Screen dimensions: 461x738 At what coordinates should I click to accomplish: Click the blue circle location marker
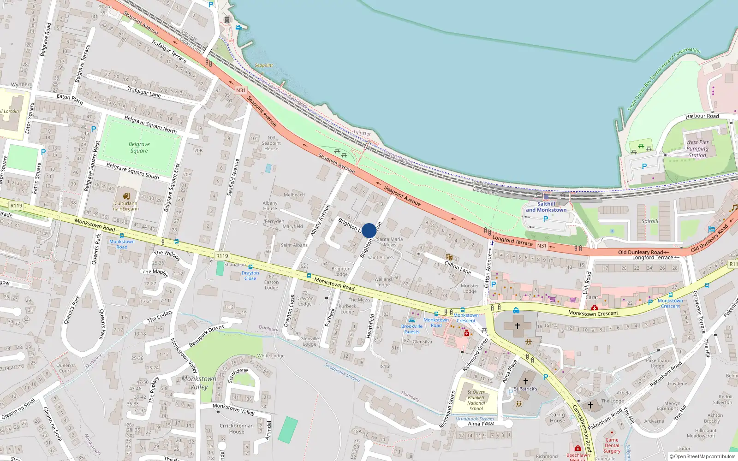(369, 230)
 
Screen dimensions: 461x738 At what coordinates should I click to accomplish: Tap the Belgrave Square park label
(139, 148)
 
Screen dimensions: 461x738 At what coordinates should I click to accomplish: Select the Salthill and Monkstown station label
(546, 207)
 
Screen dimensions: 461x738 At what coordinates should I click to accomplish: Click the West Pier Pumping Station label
(697, 149)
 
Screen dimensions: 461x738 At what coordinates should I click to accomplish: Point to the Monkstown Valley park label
(199, 383)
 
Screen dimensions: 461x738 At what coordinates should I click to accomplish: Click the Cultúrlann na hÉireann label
(126, 206)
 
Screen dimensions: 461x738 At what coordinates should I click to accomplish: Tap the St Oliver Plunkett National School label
(476, 400)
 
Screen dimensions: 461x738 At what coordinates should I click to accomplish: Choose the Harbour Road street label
(702, 116)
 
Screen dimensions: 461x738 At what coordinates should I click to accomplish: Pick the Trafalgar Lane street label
(144, 91)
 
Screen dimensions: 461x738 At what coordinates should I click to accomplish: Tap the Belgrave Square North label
(150, 124)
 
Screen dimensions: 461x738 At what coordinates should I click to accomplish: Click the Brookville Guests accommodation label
(412, 329)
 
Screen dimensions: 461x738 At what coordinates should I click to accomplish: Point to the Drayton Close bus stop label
(250, 276)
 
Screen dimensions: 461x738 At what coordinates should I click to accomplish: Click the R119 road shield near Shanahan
(222, 256)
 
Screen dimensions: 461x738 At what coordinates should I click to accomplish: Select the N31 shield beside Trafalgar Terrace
(241, 90)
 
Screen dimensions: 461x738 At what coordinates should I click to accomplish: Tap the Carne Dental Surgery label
(612, 445)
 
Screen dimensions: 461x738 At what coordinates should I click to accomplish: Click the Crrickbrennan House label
(237, 429)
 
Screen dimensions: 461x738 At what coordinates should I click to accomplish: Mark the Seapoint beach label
(264, 65)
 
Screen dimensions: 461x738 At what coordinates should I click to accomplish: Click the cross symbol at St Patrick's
(525, 381)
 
